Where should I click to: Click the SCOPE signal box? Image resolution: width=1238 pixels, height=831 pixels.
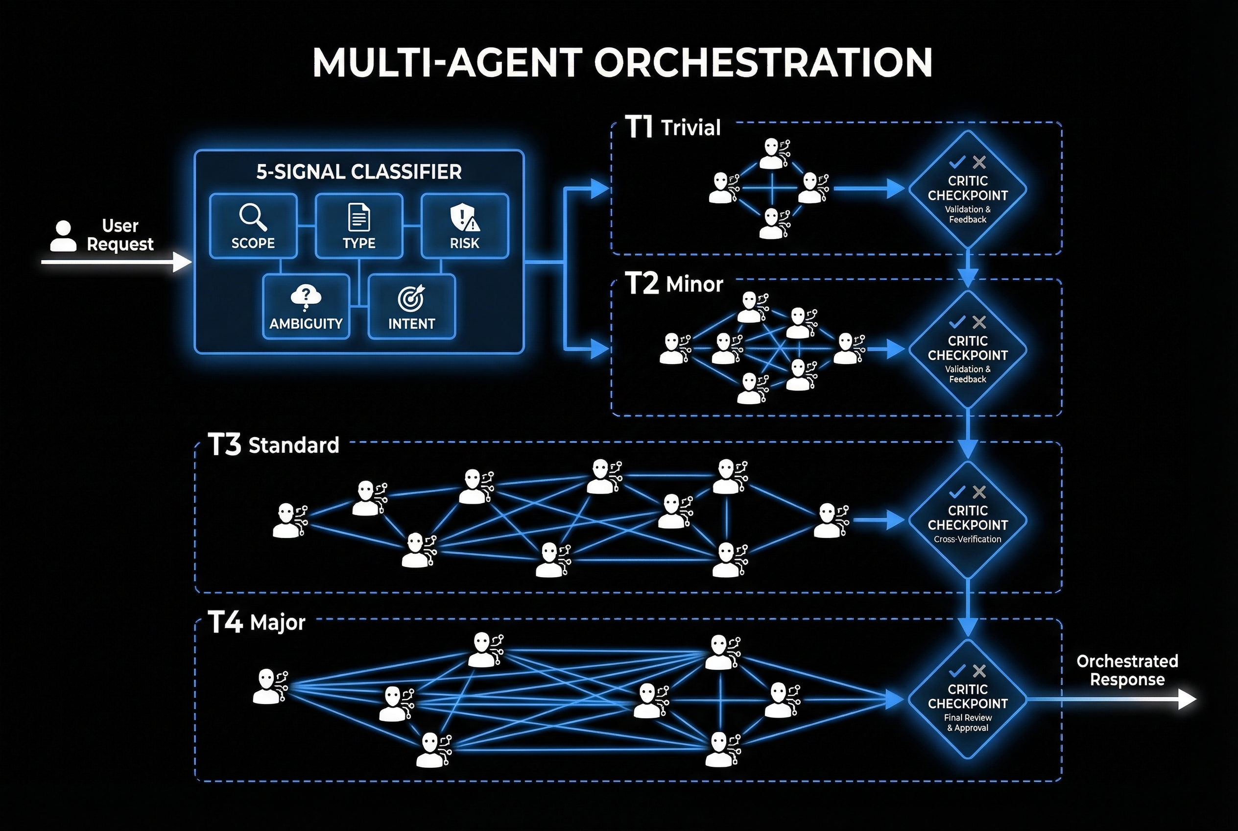(x=253, y=226)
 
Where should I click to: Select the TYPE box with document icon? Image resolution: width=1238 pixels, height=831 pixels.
(x=358, y=226)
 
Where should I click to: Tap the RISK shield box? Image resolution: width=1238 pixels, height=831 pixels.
(x=465, y=226)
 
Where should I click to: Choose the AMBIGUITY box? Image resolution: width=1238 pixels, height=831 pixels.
(x=306, y=307)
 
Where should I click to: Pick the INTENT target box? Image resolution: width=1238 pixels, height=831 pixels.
(x=412, y=307)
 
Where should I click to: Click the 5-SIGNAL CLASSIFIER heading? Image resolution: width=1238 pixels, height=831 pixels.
(x=358, y=171)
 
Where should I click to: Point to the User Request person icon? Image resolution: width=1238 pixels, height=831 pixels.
(x=63, y=236)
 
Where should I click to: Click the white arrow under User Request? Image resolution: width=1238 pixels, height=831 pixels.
(x=117, y=262)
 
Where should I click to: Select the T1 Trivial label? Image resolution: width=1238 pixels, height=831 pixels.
(x=673, y=128)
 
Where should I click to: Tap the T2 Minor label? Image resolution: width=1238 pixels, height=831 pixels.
(x=674, y=284)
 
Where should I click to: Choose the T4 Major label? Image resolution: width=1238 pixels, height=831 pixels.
(x=257, y=622)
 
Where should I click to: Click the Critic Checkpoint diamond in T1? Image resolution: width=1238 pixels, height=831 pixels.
(x=967, y=190)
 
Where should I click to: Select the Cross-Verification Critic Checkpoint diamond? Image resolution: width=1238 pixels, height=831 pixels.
(x=967, y=520)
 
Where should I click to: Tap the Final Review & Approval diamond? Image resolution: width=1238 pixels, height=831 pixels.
(x=967, y=699)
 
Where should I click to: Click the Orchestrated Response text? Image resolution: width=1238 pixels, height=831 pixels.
(x=1127, y=670)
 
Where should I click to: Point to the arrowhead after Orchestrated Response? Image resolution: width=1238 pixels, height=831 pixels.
(x=1188, y=700)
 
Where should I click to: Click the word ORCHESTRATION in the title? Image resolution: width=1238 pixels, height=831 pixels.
(x=763, y=63)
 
